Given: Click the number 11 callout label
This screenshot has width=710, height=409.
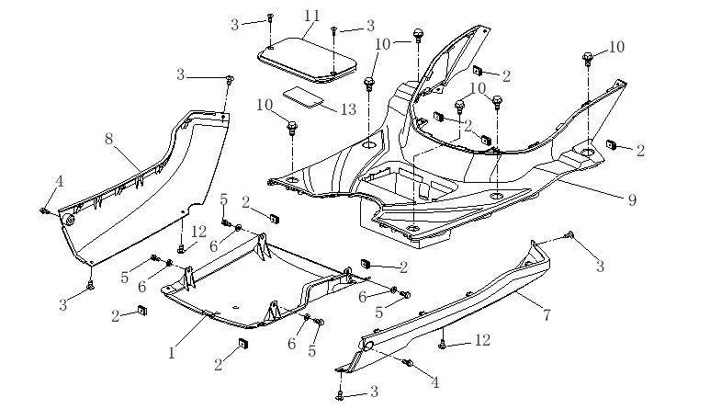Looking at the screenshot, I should click(312, 16).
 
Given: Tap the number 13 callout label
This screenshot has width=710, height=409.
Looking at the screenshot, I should click(348, 109).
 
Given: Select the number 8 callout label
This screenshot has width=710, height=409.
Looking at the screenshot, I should click(108, 139).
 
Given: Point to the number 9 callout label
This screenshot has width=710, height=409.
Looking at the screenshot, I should click(632, 199).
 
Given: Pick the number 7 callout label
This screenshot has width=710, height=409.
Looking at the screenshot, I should click(547, 315).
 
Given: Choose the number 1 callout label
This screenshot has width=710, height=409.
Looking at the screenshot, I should click(171, 350).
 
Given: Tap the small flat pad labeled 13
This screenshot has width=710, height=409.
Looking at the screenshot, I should click(305, 97).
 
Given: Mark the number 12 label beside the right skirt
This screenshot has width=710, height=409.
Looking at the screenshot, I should click(482, 340).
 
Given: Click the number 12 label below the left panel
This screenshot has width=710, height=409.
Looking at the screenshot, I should click(199, 230).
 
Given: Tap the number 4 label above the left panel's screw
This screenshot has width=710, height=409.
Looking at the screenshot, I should click(60, 182).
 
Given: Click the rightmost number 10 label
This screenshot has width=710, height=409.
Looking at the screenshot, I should click(614, 47).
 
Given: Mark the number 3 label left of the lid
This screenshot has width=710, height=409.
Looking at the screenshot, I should click(234, 24).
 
